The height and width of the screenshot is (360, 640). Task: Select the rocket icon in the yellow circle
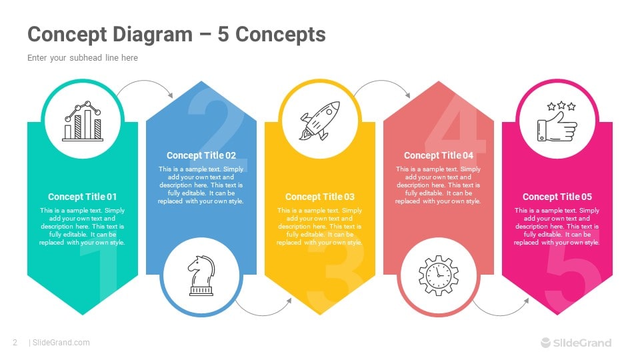tap(319, 121)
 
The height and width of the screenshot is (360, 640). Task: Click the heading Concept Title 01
tap(83, 197)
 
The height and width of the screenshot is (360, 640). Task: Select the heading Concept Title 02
tap(201, 155)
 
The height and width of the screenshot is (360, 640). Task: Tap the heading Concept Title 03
tap(320, 197)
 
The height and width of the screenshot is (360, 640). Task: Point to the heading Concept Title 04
tap(439, 155)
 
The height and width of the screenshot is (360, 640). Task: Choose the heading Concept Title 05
tap(557, 197)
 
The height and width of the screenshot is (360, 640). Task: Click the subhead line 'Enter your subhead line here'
tap(83, 58)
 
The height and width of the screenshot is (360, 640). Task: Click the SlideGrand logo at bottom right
tap(575, 343)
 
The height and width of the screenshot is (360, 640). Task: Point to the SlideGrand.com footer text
tap(61, 343)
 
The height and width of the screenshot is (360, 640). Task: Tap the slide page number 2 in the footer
tap(15, 343)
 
